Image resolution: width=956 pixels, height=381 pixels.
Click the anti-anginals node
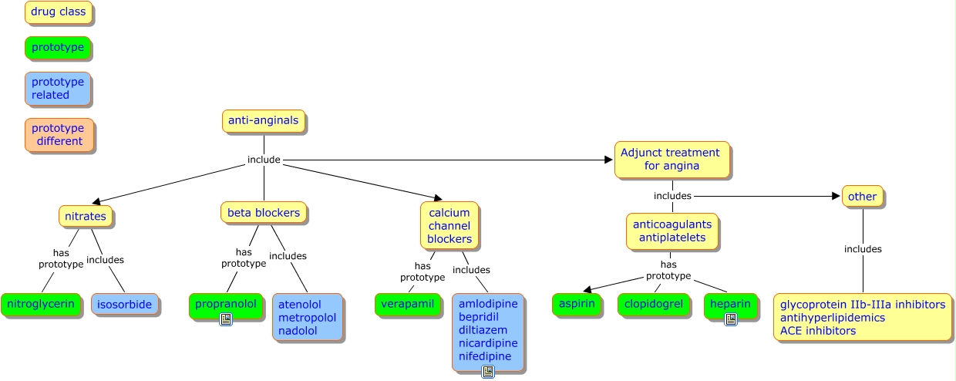point(264,121)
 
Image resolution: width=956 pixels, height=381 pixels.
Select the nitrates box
point(86,216)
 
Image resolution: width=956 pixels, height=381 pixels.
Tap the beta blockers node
point(264,213)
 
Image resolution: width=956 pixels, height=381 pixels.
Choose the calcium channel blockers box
point(449,226)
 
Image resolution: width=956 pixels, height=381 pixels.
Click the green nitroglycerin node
point(41,305)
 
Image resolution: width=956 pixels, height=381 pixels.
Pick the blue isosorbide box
point(125,305)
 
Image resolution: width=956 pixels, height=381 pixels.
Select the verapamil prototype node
point(407,305)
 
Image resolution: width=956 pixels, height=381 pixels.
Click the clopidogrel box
point(654,305)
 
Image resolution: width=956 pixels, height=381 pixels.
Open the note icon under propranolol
point(226,319)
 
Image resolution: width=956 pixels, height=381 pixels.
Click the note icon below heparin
point(731,319)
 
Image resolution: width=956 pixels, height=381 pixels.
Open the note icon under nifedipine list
point(488,372)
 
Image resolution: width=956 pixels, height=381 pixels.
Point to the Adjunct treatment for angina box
point(671,160)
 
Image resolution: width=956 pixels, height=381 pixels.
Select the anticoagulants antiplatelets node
point(672,231)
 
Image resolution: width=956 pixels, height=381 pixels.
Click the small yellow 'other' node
point(862,197)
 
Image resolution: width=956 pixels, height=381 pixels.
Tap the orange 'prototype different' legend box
point(59,135)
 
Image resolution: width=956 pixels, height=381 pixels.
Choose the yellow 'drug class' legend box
point(59,12)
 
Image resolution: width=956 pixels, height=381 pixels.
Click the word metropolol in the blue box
point(307,318)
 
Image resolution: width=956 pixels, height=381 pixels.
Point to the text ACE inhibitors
point(817,331)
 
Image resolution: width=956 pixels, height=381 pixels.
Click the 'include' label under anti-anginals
point(264,160)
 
